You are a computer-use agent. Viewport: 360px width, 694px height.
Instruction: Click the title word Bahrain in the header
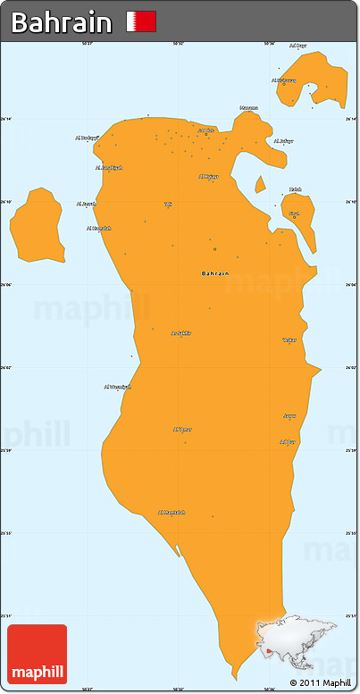(x=62, y=22)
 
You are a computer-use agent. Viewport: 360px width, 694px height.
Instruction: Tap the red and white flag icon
(x=141, y=21)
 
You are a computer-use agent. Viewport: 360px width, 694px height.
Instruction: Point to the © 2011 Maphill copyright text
(x=321, y=682)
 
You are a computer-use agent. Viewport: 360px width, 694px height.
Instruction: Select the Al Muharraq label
(x=283, y=79)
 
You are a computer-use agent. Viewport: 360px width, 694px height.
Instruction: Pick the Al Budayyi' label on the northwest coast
(x=88, y=138)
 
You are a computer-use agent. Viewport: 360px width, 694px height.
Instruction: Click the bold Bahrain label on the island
(x=215, y=272)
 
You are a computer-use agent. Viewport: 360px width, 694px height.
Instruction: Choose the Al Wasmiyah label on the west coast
(x=118, y=387)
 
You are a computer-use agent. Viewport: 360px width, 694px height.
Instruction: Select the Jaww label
(x=289, y=416)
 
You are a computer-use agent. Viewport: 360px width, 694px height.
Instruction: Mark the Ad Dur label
(x=288, y=441)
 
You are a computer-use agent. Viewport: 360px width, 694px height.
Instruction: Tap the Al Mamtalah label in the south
(x=172, y=512)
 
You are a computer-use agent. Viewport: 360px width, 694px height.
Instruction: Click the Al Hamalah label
(x=99, y=228)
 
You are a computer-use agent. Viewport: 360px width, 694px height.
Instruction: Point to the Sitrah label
(x=294, y=213)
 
